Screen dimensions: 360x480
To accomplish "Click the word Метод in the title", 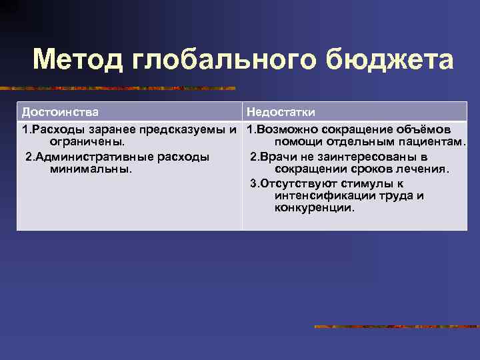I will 78,59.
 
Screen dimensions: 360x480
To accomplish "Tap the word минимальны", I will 91,169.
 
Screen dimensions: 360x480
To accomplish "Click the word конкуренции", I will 314,208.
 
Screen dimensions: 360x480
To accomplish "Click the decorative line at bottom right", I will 396,327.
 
